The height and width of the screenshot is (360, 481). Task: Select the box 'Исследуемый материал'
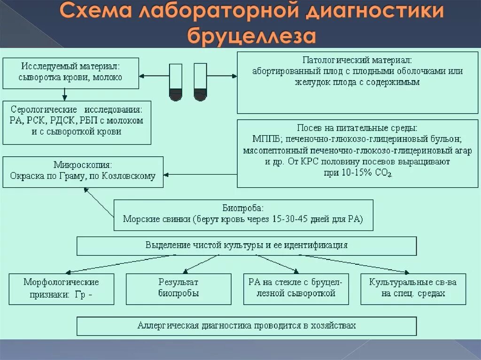tap(71, 73)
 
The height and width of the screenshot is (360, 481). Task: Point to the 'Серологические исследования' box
tap(77, 123)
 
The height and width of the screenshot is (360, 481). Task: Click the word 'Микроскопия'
tap(83, 165)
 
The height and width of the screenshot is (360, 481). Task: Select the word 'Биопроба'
tap(243, 207)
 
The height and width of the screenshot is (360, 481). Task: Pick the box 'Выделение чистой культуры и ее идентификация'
tap(247, 245)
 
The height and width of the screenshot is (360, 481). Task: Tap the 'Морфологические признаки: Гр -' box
tap(62, 289)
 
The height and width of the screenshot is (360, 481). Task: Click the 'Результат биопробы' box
tap(178, 289)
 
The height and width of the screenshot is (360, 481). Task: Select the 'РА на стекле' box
tap(296, 289)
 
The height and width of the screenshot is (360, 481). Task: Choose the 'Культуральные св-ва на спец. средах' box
tap(413, 289)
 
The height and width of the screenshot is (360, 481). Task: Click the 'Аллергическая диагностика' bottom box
tap(247, 326)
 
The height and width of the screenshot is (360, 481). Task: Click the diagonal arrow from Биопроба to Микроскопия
tap(99, 202)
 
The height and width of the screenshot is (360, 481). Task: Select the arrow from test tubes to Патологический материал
tap(221, 76)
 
